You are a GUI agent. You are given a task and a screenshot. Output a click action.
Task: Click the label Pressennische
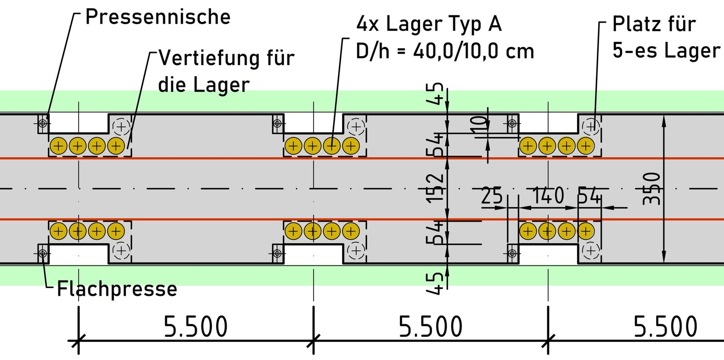157,17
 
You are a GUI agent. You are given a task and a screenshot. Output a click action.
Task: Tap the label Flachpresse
117,289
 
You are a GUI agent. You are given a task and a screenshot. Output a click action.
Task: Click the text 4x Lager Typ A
429,24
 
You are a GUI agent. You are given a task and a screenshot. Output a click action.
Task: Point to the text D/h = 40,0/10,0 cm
444,51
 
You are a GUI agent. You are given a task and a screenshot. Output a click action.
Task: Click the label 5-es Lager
666,50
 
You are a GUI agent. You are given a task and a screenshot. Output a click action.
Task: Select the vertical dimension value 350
652,189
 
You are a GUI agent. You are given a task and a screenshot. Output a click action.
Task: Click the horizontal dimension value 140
548,196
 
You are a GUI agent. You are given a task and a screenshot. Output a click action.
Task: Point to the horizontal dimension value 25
492,196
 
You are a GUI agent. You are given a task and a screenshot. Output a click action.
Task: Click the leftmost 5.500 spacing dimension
195,327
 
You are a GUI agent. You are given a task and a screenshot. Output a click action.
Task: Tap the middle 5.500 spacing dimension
430,327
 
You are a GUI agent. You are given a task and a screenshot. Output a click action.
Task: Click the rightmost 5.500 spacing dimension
665,327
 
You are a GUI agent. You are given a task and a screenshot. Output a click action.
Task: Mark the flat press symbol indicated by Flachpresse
43,253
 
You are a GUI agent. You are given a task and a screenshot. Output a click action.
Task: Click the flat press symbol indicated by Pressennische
43,123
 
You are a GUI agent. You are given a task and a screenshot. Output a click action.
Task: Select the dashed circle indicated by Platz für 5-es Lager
591,126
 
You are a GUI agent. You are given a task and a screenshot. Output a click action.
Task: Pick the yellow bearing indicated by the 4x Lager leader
332,146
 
